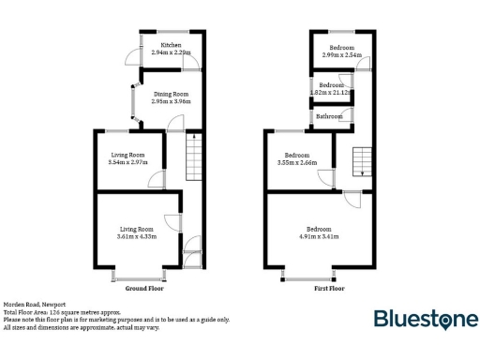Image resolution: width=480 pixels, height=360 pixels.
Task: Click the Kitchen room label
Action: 171,45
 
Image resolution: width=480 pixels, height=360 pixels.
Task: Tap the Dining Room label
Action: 171,94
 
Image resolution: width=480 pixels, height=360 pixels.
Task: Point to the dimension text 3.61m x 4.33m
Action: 137,235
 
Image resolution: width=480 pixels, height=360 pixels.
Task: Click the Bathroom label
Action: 328,116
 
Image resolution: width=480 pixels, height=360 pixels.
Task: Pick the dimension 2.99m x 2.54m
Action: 341,54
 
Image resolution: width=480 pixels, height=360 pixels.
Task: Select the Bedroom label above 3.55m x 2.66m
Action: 298,155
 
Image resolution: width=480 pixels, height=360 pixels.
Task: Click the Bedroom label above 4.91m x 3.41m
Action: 319,228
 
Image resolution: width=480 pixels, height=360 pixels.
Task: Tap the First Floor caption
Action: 329,289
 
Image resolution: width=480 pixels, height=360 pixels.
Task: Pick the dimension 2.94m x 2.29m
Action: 171,53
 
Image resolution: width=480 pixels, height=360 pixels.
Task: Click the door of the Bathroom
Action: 349,115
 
